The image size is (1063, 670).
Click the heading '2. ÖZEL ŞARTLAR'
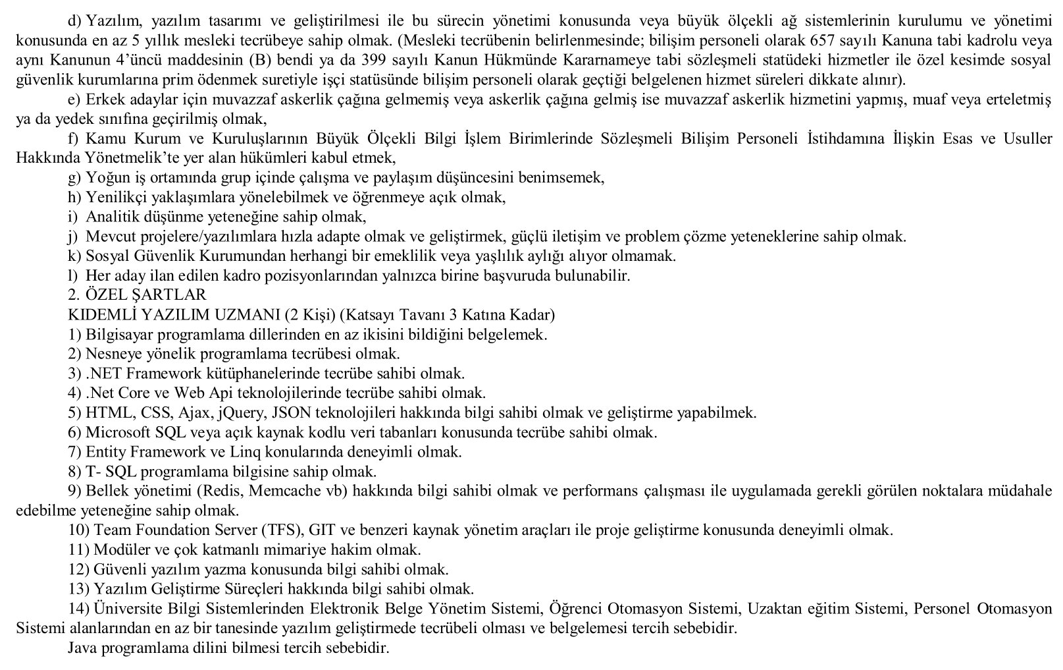[137, 295]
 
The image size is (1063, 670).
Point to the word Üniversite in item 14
[125, 609]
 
